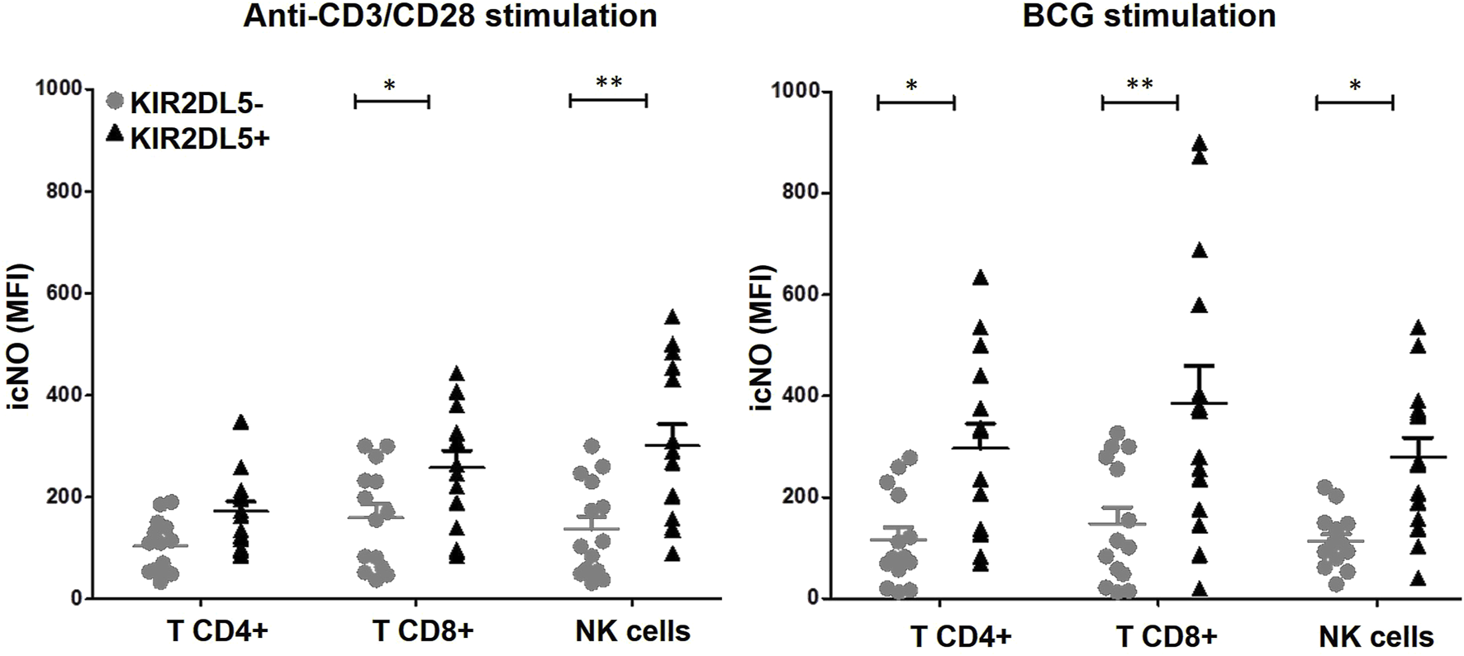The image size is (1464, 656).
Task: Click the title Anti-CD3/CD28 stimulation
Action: click(x=449, y=16)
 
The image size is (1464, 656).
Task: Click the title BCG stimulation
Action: click(x=1149, y=16)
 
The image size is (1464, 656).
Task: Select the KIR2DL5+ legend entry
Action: click(x=190, y=139)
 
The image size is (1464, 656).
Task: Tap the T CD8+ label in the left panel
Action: click(x=422, y=631)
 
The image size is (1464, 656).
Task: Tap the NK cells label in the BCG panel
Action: click(x=1376, y=636)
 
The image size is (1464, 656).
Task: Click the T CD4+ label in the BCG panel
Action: click(x=961, y=636)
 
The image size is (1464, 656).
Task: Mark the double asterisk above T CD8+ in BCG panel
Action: click(x=1139, y=84)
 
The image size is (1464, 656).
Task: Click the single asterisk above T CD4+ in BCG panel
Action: click(x=911, y=86)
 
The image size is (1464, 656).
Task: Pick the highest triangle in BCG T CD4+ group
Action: click(x=981, y=278)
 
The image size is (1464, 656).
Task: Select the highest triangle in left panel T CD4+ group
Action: click(x=241, y=422)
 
